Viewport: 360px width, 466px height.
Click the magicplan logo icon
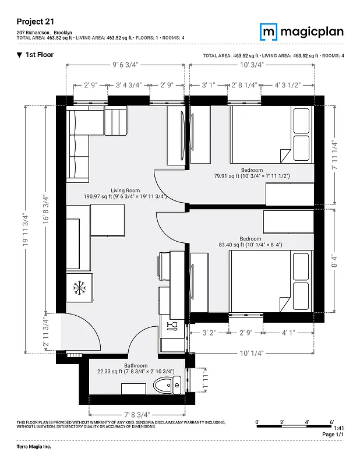click(269, 31)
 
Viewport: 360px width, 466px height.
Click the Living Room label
click(125, 190)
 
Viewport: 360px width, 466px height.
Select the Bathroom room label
click(135, 365)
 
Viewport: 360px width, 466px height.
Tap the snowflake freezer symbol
click(78, 287)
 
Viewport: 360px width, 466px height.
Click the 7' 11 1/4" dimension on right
click(334, 154)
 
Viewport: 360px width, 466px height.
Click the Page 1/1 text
click(333, 435)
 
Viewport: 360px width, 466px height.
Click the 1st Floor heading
click(39, 55)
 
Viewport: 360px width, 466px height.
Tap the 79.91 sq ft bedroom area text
click(252, 175)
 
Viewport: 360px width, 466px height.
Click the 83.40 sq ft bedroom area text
click(250, 245)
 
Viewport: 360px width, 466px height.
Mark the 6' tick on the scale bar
click(331, 421)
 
